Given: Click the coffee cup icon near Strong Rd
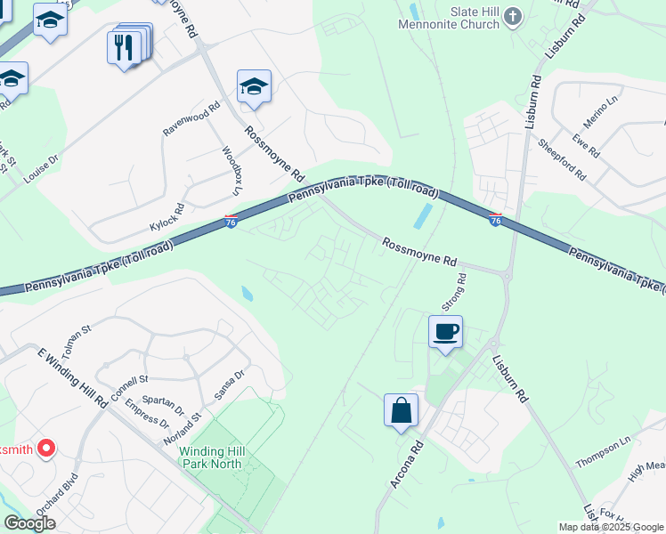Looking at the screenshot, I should [x=445, y=332].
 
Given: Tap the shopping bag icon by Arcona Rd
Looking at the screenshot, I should [x=401, y=411].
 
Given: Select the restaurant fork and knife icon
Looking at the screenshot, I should [x=125, y=46].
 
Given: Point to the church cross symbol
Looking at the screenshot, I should [x=512, y=15].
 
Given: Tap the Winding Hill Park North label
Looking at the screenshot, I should [x=211, y=457].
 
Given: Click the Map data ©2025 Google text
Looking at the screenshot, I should [x=610, y=527].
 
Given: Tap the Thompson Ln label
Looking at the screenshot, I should [x=603, y=452].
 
